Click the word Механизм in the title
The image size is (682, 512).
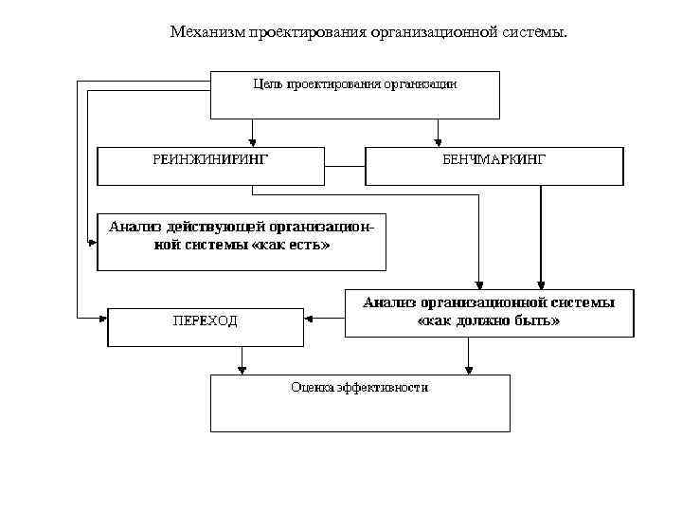click(206, 33)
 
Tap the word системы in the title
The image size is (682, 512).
click(535, 33)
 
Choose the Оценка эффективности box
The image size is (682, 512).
click(359, 402)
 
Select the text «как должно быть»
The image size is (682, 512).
click(488, 320)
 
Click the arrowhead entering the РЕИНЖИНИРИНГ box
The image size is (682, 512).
click(252, 139)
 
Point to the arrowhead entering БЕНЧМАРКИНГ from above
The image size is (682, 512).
click(437, 139)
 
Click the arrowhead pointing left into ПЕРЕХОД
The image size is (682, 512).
click(309, 319)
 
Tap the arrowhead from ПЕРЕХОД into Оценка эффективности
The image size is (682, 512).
click(242, 368)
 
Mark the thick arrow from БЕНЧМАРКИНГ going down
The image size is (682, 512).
click(541, 237)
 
